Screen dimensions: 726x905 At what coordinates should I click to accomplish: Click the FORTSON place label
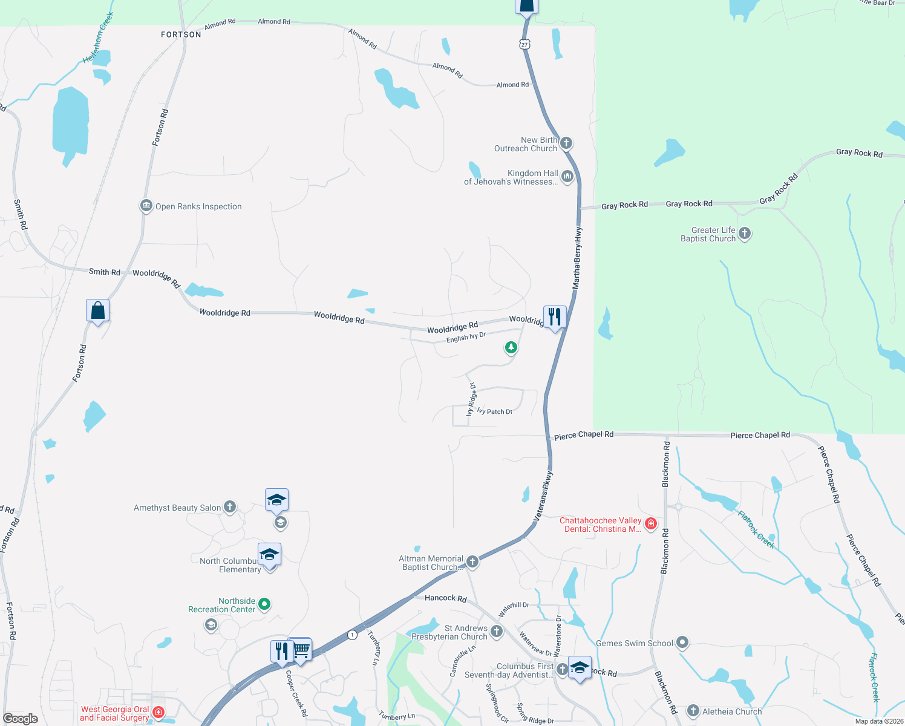pyautogui.click(x=181, y=34)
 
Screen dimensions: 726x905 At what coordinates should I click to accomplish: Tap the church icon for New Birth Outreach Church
pyautogui.click(x=566, y=143)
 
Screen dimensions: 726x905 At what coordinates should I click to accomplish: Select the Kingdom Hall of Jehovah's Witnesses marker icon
pyautogui.click(x=567, y=177)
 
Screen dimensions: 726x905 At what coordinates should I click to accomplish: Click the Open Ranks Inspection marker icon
pyautogui.click(x=146, y=206)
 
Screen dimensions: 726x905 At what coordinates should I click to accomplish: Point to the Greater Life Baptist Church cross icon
pyautogui.click(x=745, y=234)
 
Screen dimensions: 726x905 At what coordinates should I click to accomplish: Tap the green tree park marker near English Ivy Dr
pyautogui.click(x=511, y=347)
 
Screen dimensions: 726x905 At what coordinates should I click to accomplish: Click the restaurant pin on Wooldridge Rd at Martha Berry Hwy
pyautogui.click(x=555, y=317)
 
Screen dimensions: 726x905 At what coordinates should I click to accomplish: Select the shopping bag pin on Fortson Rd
pyautogui.click(x=98, y=311)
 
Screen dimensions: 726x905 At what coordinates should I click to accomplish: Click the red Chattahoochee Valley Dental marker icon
pyautogui.click(x=651, y=524)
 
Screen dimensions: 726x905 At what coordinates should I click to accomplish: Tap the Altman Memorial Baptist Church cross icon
pyautogui.click(x=472, y=562)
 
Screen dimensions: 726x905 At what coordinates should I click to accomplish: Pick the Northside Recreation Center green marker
pyautogui.click(x=264, y=604)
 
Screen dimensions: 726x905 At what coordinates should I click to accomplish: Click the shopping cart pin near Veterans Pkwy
pyautogui.click(x=301, y=650)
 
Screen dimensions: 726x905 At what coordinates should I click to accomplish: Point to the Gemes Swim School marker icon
pyautogui.click(x=682, y=643)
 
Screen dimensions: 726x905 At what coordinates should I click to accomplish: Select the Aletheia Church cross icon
pyautogui.click(x=693, y=711)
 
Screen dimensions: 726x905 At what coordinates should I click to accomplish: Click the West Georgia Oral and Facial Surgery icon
pyautogui.click(x=158, y=713)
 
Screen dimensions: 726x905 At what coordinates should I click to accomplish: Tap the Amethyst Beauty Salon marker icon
pyautogui.click(x=230, y=507)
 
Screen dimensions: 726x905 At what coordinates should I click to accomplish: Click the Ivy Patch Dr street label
pyautogui.click(x=495, y=411)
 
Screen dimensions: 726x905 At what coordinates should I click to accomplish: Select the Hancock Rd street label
pyautogui.click(x=445, y=598)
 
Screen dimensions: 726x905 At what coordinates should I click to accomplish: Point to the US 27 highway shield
pyautogui.click(x=524, y=44)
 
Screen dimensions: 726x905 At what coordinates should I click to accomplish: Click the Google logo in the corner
pyautogui.click(x=21, y=718)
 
